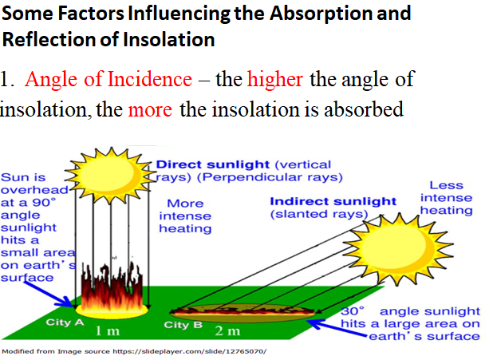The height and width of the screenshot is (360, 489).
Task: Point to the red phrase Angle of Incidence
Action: tap(108, 80)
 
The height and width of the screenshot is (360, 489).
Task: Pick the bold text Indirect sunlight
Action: tap(333, 200)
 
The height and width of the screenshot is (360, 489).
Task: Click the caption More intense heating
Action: tap(185, 216)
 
